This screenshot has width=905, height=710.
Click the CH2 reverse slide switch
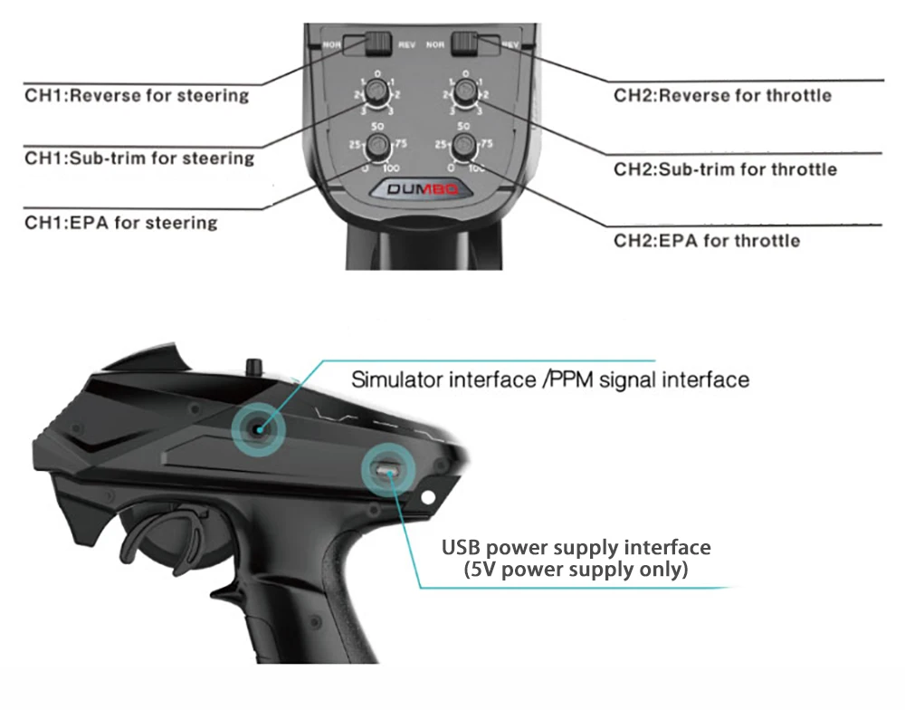465,43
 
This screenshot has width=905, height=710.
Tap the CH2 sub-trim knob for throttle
465,91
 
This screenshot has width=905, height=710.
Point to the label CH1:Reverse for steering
136,95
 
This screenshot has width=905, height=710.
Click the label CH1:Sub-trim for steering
139,158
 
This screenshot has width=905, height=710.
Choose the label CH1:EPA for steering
121,222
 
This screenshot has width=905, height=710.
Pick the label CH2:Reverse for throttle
722,95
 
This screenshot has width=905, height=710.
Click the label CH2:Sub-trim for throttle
725,169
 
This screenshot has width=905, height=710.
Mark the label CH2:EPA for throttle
707,240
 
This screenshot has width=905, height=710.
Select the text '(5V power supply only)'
576,570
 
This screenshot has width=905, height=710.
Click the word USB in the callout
462,548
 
